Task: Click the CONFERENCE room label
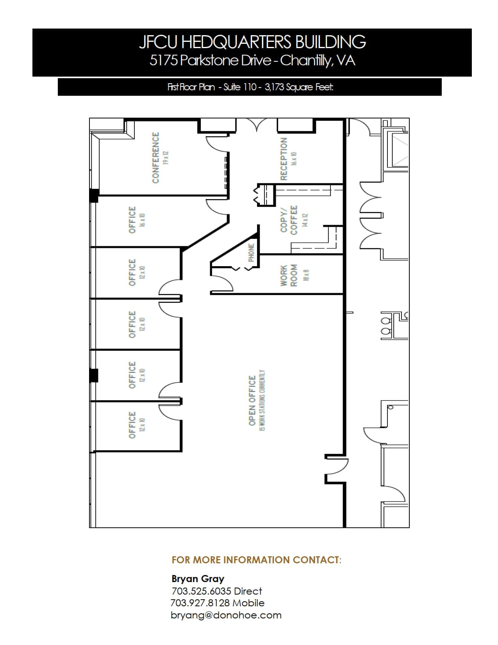pyautogui.click(x=156, y=157)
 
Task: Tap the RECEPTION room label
pyautogui.click(x=284, y=158)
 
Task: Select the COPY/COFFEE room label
pyautogui.click(x=289, y=220)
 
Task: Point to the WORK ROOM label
pyautogui.click(x=289, y=275)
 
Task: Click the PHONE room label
pyautogui.click(x=251, y=253)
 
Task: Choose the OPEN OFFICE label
pyautogui.click(x=252, y=401)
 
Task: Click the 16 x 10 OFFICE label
pyautogui.click(x=132, y=220)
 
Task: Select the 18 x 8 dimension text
pyautogui.click(x=306, y=275)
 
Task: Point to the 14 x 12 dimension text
pyautogui.click(x=305, y=220)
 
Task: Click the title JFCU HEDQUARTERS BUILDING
pyautogui.click(x=252, y=42)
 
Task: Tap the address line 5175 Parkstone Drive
pyautogui.click(x=252, y=61)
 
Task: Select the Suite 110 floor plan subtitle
pyautogui.click(x=250, y=87)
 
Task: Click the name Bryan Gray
pyautogui.click(x=198, y=579)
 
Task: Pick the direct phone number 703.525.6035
pyautogui.click(x=216, y=591)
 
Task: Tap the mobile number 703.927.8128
pyautogui.click(x=217, y=603)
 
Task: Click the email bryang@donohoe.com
pyautogui.click(x=226, y=615)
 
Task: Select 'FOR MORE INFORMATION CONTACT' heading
pyautogui.click(x=256, y=560)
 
